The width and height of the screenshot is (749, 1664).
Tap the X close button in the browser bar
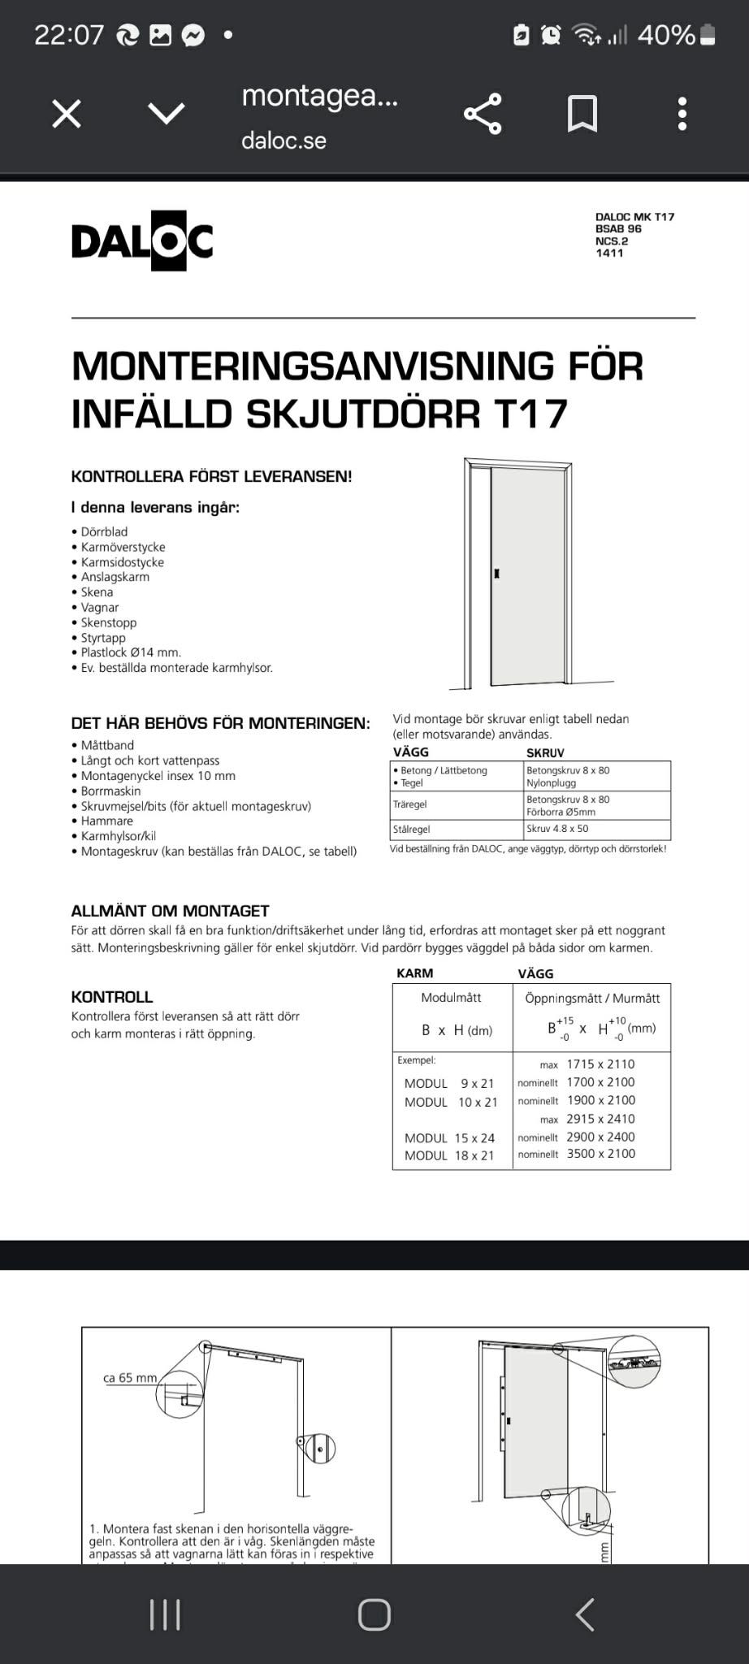tap(67, 114)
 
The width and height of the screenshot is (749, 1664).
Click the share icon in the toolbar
tap(483, 114)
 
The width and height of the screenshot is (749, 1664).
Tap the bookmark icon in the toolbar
tap(582, 114)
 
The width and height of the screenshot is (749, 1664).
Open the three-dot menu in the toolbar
tap(682, 114)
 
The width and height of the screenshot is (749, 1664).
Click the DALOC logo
tap(142, 240)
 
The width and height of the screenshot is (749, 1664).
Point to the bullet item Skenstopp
tap(108, 622)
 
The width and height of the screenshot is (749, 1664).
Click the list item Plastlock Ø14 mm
tap(130, 652)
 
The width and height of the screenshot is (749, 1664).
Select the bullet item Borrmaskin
tap(110, 791)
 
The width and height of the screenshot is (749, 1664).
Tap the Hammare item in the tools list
tap(106, 821)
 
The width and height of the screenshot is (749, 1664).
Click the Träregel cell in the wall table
tap(410, 804)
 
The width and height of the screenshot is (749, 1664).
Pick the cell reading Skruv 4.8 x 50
tap(557, 829)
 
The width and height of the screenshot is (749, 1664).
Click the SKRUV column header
tap(545, 753)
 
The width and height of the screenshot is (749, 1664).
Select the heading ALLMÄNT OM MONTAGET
tap(170, 911)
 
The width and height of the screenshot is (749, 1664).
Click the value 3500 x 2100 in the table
tap(601, 1154)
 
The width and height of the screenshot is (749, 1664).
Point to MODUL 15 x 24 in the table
tap(449, 1137)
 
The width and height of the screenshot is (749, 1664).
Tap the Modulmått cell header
tap(451, 998)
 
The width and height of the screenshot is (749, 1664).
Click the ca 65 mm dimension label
tap(130, 1378)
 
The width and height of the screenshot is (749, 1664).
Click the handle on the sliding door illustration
tap(496, 574)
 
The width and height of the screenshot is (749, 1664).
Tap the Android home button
tap(374, 1614)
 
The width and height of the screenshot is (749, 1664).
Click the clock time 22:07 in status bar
tap(69, 35)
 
